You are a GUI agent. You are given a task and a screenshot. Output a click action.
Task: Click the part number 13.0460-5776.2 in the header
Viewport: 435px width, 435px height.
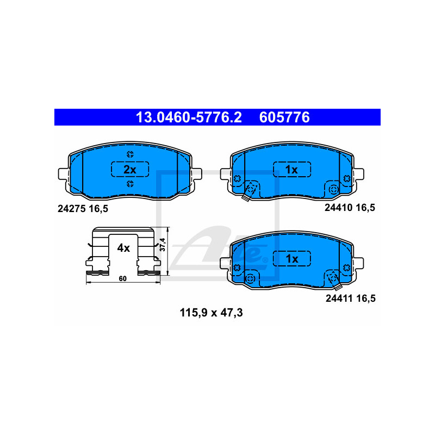coord(189,117)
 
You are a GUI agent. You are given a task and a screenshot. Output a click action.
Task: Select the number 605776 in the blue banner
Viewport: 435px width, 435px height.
coord(284,117)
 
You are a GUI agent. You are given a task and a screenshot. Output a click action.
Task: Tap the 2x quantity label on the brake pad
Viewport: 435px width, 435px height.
coord(130,170)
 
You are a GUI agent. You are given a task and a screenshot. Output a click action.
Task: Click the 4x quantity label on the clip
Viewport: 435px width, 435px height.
coord(123,248)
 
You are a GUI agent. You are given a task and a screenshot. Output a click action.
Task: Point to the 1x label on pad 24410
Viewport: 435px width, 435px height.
coord(291,170)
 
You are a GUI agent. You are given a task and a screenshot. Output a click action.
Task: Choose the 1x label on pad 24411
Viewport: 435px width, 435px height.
coord(292,259)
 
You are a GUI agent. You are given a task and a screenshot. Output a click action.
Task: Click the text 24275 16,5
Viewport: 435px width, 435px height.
coord(83,209)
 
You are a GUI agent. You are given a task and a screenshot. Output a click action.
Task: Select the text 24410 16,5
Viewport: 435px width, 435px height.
coord(350,208)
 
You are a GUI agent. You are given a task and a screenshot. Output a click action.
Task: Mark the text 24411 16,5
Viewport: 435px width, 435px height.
coord(351,298)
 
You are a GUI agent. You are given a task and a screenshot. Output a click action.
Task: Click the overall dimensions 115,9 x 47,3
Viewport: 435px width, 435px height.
coord(212,313)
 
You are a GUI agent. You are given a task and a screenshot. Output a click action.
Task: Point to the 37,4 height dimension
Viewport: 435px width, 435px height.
coord(163,244)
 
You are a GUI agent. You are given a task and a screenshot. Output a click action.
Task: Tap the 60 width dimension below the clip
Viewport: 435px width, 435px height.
coord(123,278)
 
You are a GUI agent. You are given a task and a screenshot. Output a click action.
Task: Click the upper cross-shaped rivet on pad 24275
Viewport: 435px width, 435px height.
coord(130,154)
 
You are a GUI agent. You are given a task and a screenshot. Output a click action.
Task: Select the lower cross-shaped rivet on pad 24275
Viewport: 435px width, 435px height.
coord(130,183)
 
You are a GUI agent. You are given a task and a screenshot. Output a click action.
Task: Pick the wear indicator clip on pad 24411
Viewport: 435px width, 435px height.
coord(334,281)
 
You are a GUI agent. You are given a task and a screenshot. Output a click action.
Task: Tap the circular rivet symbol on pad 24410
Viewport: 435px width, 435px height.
coord(333,190)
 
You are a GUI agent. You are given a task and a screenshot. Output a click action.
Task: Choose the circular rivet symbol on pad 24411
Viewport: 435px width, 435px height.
coord(250,278)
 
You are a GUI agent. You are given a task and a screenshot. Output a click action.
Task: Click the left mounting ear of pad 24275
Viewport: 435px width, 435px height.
coord(63,174)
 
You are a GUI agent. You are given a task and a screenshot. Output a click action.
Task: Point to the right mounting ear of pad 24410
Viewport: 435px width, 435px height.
coord(359,174)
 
